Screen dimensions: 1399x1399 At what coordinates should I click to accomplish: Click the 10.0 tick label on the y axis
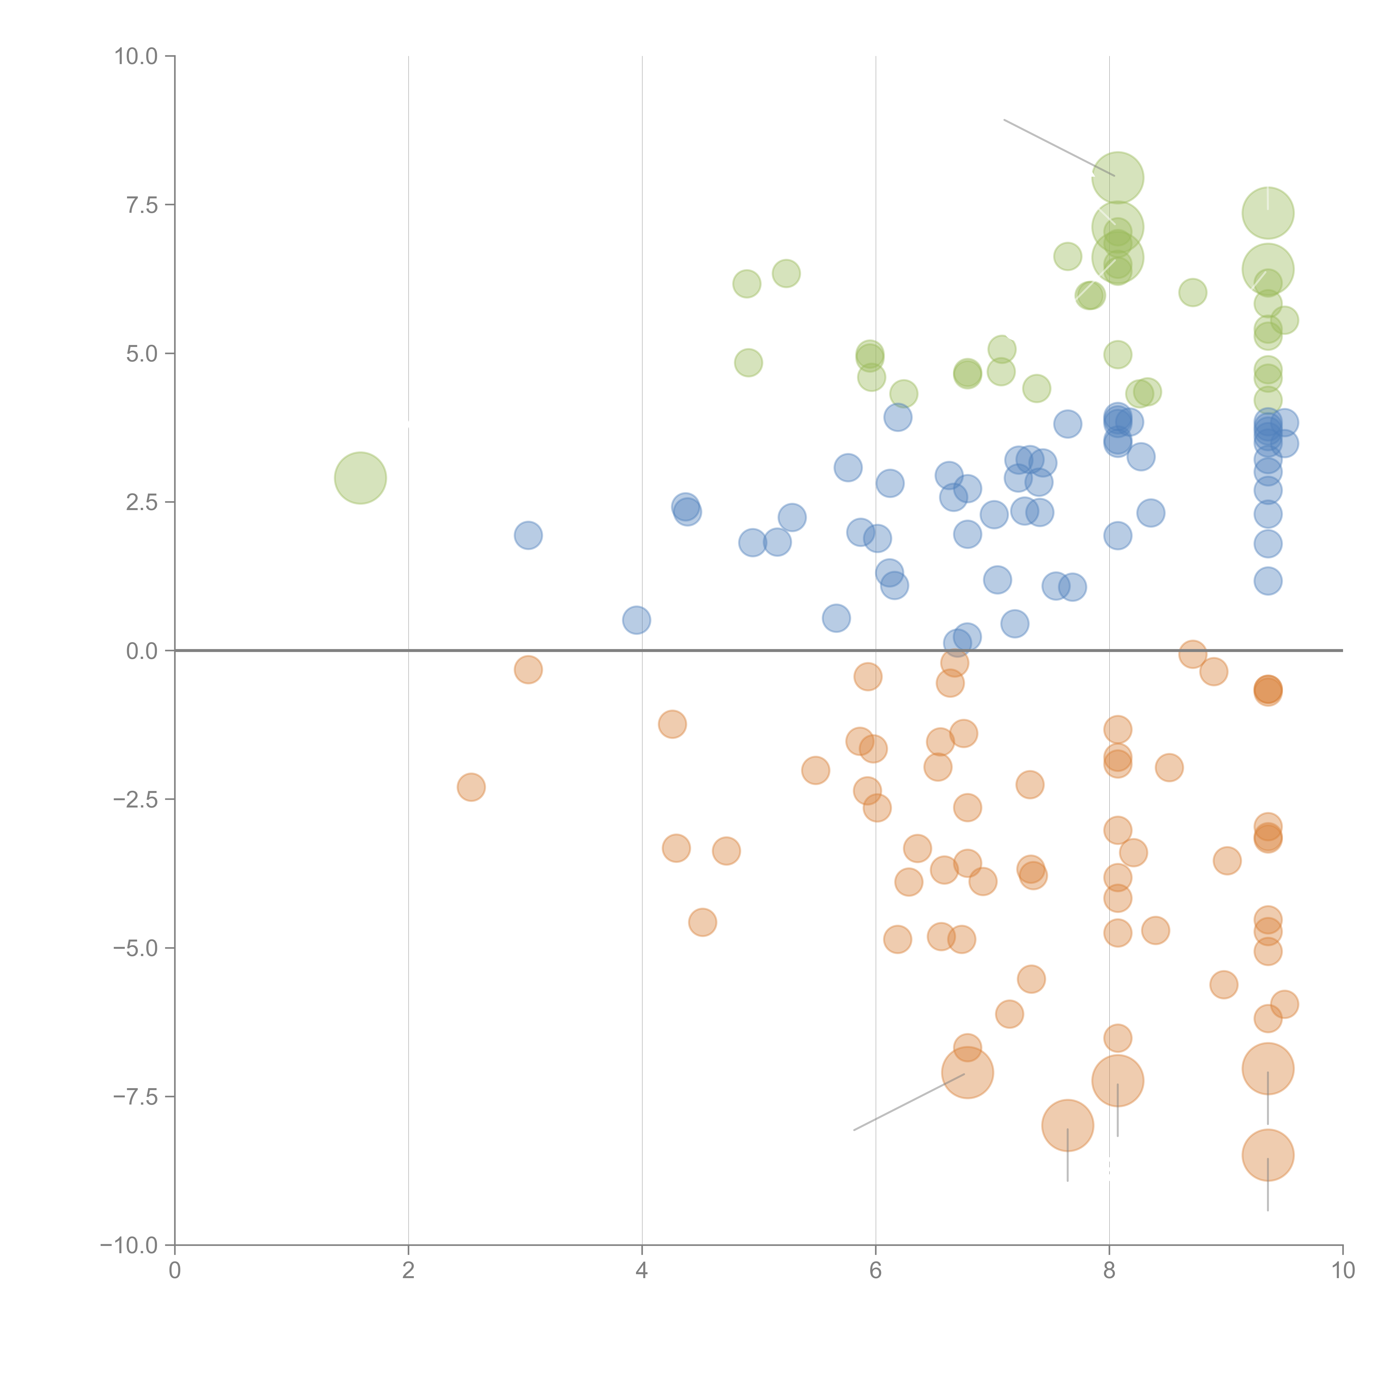(x=136, y=57)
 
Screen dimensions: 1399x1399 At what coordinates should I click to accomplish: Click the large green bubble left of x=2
(x=360, y=477)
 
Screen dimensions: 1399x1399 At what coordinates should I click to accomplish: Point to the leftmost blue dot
(x=528, y=535)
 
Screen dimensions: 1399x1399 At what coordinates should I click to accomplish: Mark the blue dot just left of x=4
(x=636, y=620)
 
